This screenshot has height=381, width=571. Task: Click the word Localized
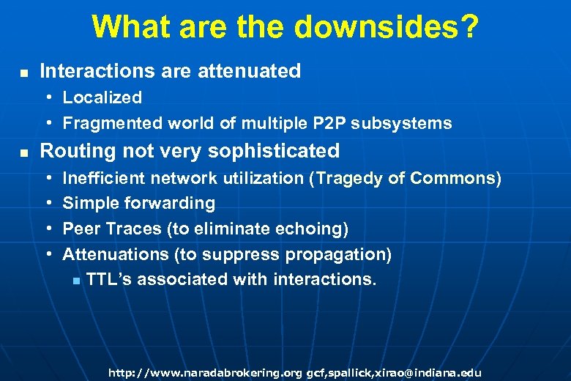click(x=102, y=97)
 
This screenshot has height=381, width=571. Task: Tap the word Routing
click(x=71, y=151)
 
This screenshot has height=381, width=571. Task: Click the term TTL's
click(x=108, y=279)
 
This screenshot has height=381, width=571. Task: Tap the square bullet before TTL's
click(x=76, y=281)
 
